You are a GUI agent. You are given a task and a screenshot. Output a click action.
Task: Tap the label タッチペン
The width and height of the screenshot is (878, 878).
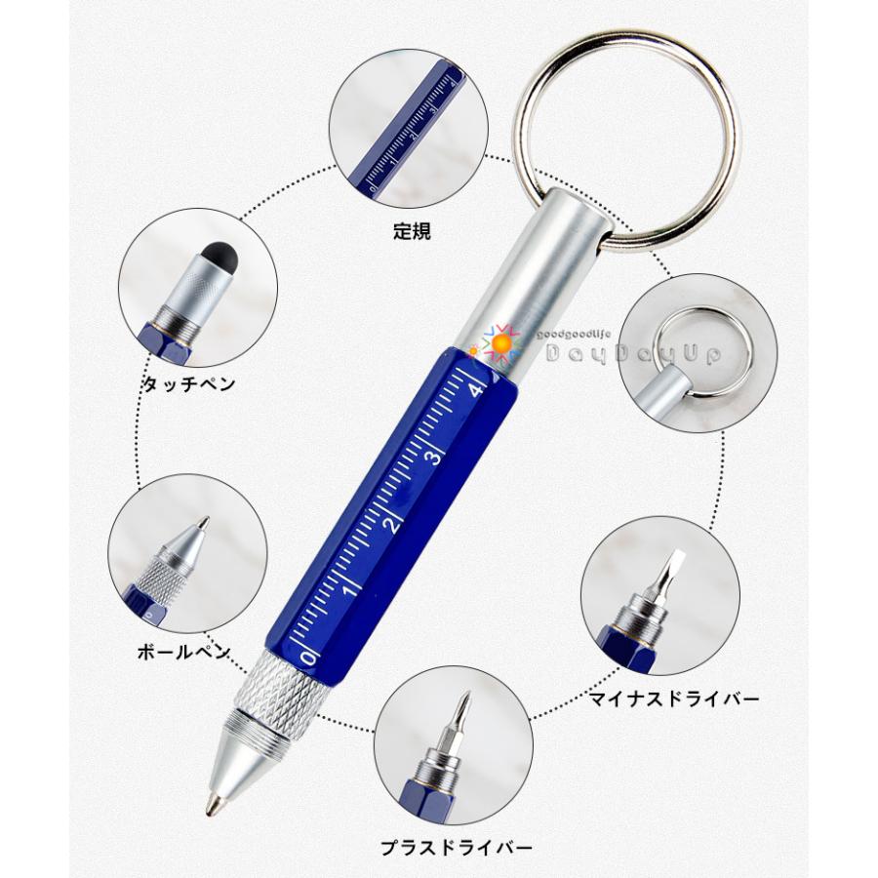pyautogui.click(x=189, y=383)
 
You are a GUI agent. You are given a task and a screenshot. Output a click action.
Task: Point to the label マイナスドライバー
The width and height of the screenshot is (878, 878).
pyautogui.click(x=672, y=698)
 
